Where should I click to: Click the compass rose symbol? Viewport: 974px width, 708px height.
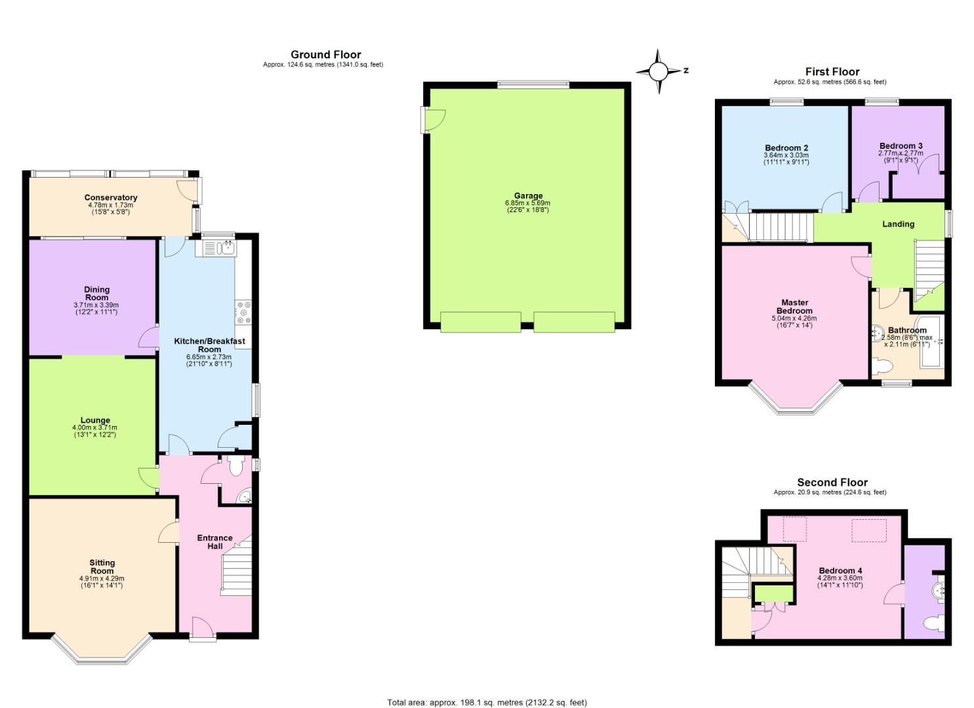[x=659, y=71]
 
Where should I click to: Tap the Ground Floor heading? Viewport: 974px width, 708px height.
[x=325, y=54]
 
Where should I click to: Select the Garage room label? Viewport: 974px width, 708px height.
[x=528, y=195]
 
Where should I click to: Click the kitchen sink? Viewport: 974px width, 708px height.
[x=218, y=248]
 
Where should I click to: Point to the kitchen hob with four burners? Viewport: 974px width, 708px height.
[x=243, y=313]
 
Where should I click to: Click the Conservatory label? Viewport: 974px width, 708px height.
[x=111, y=197]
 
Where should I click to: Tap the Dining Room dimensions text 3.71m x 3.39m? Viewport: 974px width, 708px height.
[x=96, y=305]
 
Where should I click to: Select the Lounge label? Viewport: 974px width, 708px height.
[x=95, y=420]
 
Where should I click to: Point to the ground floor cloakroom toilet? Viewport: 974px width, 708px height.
[x=235, y=465]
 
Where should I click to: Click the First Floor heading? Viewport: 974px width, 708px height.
[x=832, y=71]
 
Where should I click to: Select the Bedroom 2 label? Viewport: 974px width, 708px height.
[x=786, y=147]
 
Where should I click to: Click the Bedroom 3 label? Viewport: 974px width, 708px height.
[x=901, y=146]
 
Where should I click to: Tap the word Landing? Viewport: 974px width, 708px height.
[x=898, y=224]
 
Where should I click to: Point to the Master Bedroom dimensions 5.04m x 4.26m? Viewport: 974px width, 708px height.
[x=794, y=319]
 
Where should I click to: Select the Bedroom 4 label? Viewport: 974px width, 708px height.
[x=840, y=570]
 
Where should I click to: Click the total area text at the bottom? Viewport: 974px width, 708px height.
[x=487, y=703]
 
